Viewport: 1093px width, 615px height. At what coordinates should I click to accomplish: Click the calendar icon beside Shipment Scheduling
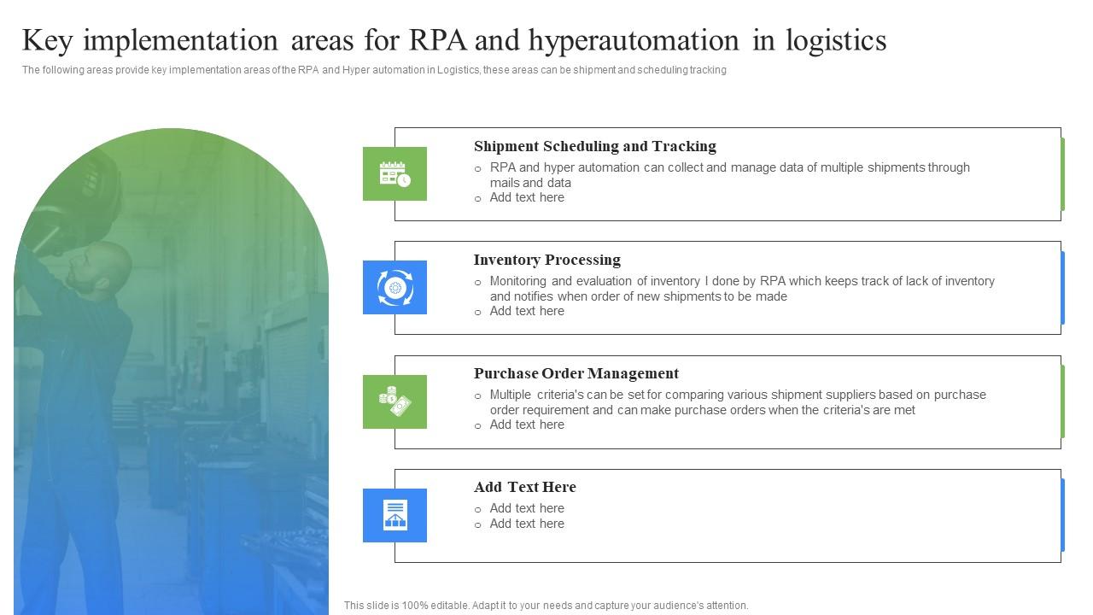click(395, 173)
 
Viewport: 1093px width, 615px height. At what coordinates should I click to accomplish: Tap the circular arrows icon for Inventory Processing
click(395, 287)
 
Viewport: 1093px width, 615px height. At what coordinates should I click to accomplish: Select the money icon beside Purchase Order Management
click(395, 401)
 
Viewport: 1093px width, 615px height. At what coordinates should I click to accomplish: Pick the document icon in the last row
click(395, 515)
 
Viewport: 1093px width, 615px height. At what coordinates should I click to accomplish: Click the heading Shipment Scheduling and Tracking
click(594, 146)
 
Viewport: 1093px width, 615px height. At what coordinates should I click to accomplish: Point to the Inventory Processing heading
click(546, 260)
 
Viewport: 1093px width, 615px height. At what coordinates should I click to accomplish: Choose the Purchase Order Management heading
click(576, 373)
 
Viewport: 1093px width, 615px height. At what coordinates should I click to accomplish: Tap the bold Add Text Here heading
click(524, 487)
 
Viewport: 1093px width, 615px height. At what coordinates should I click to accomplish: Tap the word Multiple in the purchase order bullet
click(510, 395)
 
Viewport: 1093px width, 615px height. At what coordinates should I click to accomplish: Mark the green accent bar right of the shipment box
click(1062, 173)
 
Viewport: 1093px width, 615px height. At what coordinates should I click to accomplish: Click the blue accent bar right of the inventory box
click(1062, 287)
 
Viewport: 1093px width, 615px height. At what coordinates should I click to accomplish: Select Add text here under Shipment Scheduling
click(526, 197)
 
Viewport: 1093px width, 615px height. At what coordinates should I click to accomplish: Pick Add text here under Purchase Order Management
click(526, 425)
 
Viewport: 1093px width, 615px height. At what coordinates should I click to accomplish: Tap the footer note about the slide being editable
click(546, 605)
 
